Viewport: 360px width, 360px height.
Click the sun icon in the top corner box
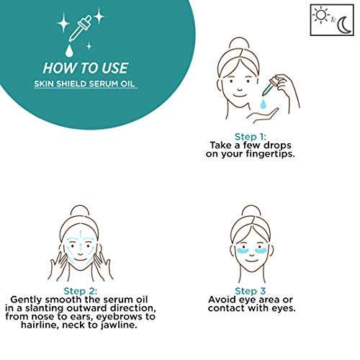pyautogui.click(x=321, y=15)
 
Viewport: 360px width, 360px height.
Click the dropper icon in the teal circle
pyautogui.click(x=80, y=29)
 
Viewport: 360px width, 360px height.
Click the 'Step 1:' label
pyautogui.click(x=251, y=137)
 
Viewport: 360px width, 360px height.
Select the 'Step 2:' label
pyautogui.click(x=81, y=291)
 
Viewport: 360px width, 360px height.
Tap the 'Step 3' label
pyautogui.click(x=251, y=291)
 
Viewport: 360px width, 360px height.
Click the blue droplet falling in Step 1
pyautogui.click(x=264, y=104)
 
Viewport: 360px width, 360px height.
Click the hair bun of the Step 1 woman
pyautogui.click(x=239, y=43)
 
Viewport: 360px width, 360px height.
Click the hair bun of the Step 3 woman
pyautogui.click(x=251, y=212)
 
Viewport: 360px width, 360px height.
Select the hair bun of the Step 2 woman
pyautogui.click(x=80, y=212)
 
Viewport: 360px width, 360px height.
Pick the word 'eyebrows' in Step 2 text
pyautogui.click(x=120, y=317)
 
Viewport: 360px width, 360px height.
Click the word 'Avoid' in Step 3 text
pyautogui.click(x=222, y=300)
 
